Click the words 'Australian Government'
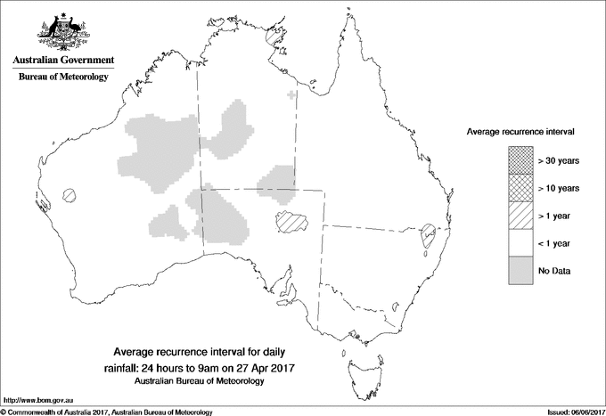63,61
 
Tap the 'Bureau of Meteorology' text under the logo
63,77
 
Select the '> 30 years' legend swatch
521,161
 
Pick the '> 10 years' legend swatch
521,188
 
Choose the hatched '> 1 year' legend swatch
521,216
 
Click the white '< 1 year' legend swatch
521,242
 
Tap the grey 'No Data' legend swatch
521,270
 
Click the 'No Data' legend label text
554,270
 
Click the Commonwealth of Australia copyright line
107,412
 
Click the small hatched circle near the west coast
69,195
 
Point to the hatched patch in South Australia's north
291,222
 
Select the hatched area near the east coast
428,235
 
